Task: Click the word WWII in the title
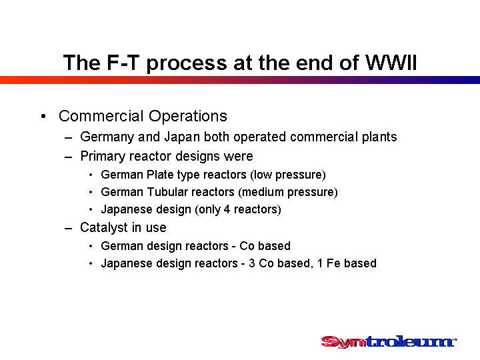(x=391, y=63)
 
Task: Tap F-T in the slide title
(x=121, y=63)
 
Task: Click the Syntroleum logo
(x=389, y=341)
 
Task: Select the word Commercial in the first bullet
(x=101, y=116)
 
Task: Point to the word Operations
(x=188, y=116)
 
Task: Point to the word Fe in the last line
(x=333, y=263)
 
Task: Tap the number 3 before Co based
(x=252, y=263)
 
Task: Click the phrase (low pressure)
(x=288, y=175)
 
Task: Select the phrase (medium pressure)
(x=288, y=192)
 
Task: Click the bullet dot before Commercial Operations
(x=43, y=116)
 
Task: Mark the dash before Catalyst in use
(x=68, y=229)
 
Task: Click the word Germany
(x=107, y=137)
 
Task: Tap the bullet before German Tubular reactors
(x=91, y=192)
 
